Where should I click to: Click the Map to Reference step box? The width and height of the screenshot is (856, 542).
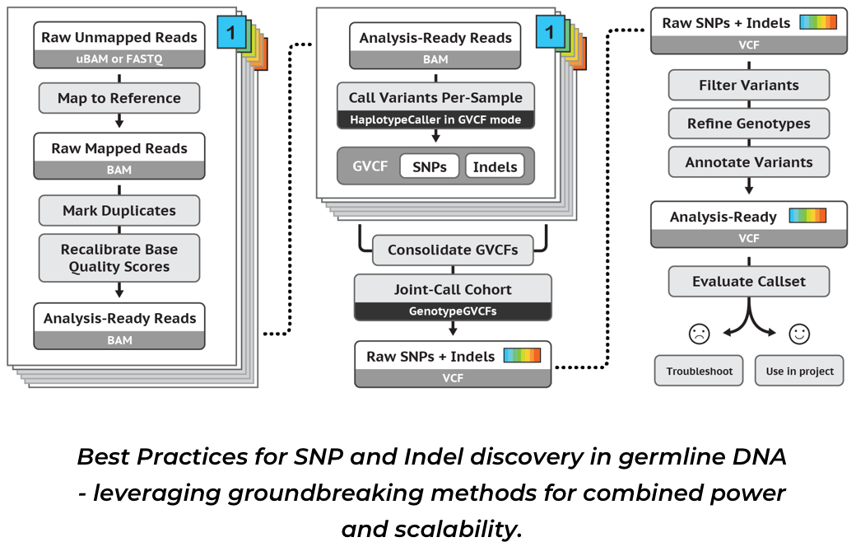[119, 98]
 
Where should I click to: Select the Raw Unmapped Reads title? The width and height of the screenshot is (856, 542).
[119, 37]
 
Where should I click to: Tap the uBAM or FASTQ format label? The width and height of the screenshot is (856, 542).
[119, 58]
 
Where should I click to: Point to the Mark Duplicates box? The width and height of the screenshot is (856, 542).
[119, 210]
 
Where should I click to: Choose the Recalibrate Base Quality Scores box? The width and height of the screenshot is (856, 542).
[119, 257]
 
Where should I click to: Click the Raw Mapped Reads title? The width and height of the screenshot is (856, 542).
[119, 148]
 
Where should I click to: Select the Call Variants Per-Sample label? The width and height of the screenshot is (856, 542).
[435, 97]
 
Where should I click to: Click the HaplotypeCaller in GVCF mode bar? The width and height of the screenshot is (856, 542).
[435, 119]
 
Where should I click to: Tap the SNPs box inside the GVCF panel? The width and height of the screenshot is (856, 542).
[429, 166]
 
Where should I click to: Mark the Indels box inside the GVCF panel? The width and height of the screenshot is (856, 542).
[495, 166]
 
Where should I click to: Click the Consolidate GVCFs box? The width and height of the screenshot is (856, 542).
[453, 250]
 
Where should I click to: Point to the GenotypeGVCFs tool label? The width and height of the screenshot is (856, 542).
[453, 312]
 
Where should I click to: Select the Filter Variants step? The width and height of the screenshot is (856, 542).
[748, 85]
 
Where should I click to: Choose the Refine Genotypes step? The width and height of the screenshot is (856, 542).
[748, 124]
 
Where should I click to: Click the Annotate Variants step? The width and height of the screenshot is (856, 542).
[748, 162]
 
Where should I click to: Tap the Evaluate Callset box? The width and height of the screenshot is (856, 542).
[748, 281]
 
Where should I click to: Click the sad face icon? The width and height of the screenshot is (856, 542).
[699, 334]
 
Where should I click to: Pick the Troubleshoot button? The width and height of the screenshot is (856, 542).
[699, 371]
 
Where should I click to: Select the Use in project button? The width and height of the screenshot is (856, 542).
[799, 371]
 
